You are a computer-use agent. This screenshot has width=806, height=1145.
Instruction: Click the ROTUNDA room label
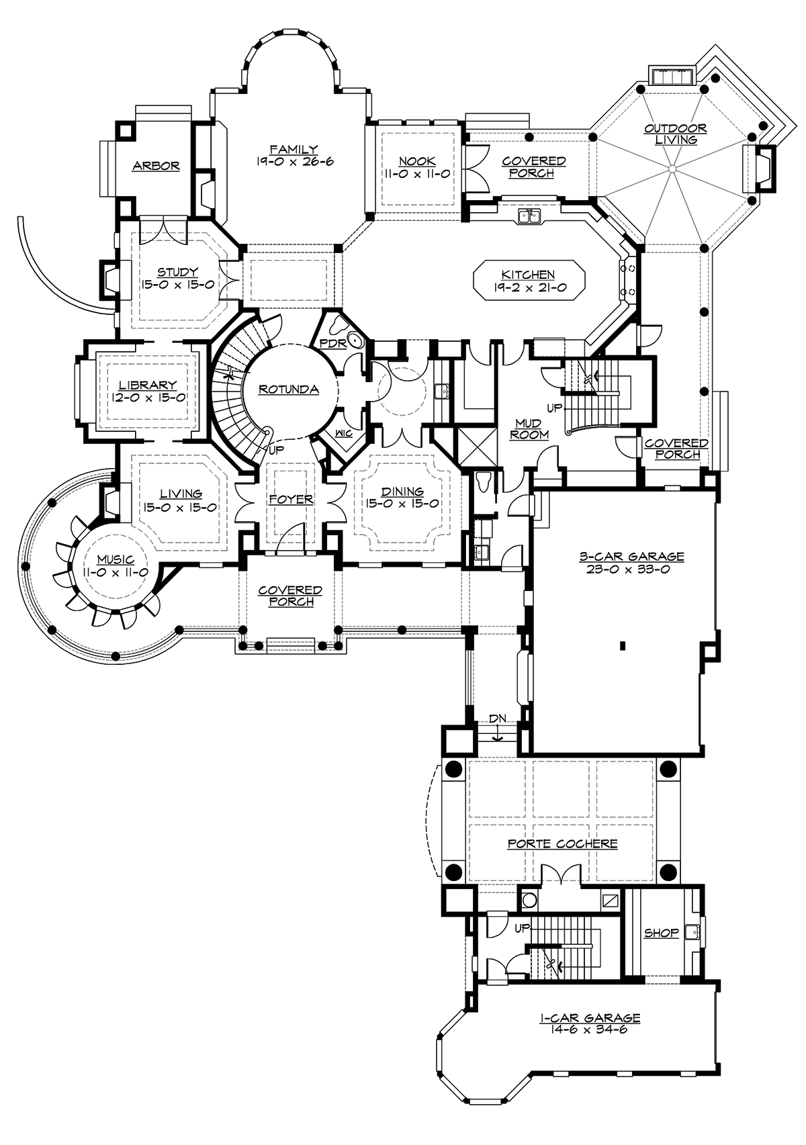[288, 390]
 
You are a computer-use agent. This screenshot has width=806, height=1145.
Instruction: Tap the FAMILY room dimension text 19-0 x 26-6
[295, 162]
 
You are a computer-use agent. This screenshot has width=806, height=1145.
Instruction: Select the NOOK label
[417, 161]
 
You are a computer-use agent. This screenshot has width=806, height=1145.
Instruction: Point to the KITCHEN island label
[528, 275]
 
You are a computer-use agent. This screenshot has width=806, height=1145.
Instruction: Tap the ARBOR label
[156, 166]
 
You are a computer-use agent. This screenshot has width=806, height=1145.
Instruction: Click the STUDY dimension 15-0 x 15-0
[178, 285]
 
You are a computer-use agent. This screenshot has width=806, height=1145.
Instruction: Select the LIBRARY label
[148, 385]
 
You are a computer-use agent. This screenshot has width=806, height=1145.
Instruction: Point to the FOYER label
[291, 500]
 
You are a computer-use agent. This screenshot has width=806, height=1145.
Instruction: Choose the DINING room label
[402, 492]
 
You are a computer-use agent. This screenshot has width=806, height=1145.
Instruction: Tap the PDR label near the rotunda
[332, 343]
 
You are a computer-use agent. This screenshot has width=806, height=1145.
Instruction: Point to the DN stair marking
[498, 719]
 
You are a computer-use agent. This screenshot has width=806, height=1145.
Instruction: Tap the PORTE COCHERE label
[562, 843]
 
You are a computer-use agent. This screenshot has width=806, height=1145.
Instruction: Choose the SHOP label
[661, 933]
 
